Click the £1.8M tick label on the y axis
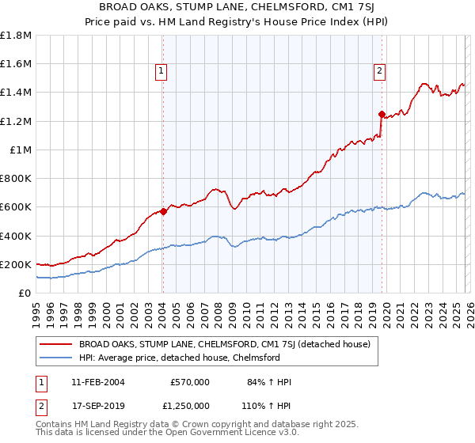point(16,36)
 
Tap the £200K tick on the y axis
point(16,265)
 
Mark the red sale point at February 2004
point(163,211)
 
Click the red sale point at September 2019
point(382,114)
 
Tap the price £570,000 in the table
point(190,382)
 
